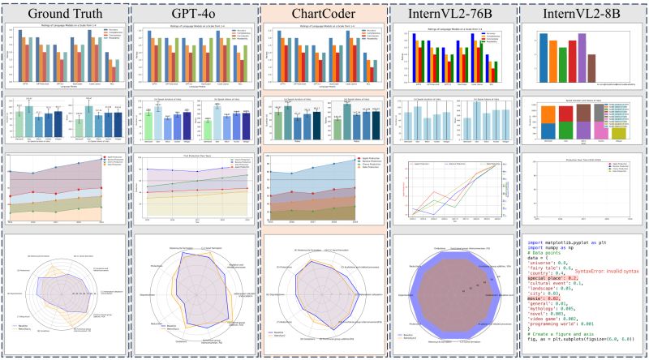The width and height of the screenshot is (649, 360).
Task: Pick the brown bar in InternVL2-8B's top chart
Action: [592, 64]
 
